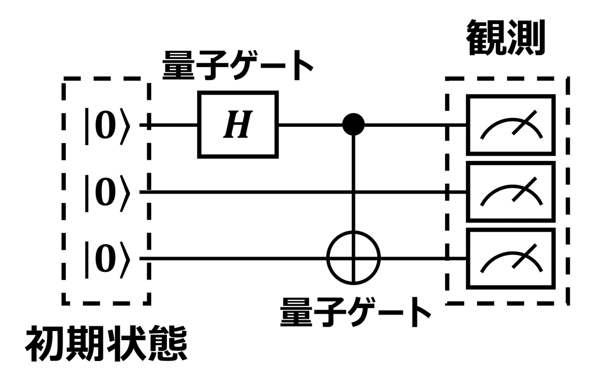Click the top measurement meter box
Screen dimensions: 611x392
click(511, 124)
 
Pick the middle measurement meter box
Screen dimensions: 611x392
click(511, 192)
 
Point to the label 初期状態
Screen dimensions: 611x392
click(106, 347)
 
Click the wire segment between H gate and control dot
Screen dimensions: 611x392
click(311, 124)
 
